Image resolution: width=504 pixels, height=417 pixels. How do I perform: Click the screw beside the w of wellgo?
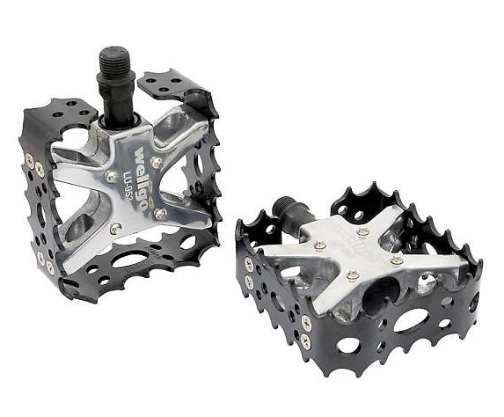(157, 160)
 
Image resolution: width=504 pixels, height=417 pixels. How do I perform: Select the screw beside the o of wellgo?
(160, 213)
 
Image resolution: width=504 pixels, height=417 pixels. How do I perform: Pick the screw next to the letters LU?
(110, 174)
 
